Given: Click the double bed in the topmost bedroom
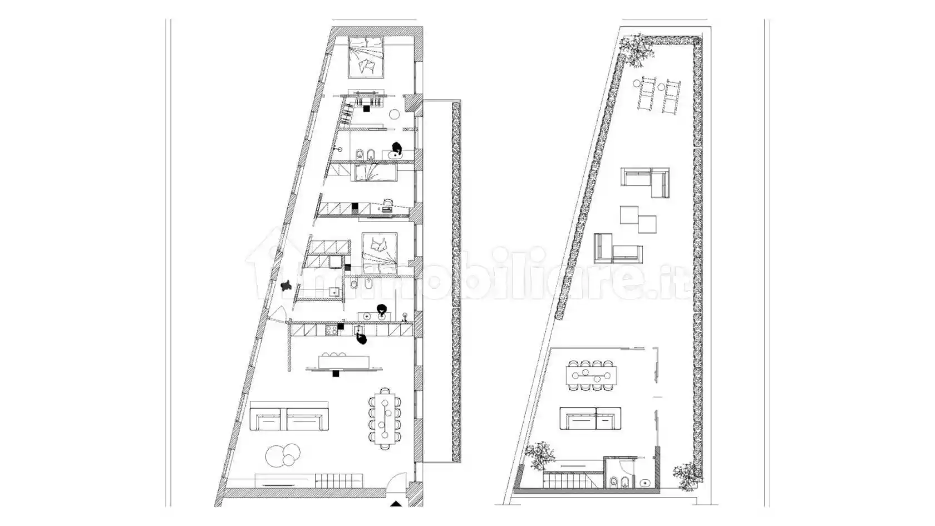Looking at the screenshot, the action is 366,57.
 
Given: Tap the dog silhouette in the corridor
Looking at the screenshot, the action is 286,286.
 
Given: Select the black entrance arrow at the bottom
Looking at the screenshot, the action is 396,504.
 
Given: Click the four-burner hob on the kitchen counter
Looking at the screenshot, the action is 332,330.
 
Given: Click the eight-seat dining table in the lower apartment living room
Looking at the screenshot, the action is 385,419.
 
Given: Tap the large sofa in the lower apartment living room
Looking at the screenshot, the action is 289,416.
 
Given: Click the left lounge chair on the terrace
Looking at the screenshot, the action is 646,94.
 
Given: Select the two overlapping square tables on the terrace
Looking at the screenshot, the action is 638,219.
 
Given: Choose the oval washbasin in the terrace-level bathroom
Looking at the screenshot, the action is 645,483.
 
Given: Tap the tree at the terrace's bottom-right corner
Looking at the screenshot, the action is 687,476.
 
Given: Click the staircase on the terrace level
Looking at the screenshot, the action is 573,479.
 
